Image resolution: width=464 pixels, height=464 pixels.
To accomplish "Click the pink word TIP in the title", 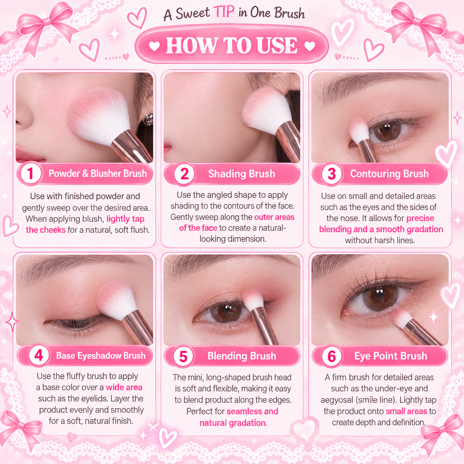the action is (224, 12).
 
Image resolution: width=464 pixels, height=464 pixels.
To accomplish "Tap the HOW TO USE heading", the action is (232, 45).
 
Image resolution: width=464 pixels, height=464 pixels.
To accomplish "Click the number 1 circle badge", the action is (30, 173).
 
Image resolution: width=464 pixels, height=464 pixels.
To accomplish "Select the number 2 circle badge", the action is (184, 174).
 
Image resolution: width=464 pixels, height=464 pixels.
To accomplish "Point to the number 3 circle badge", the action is (331, 174).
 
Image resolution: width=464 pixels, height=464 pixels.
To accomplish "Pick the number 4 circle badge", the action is (39, 355).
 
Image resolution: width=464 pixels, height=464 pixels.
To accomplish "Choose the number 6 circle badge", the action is (331, 356).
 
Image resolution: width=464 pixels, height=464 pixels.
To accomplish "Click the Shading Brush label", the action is (242, 174).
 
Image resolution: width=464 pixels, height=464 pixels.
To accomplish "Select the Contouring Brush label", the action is (389, 174).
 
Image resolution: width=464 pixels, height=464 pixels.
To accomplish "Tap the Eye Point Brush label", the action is (391, 356).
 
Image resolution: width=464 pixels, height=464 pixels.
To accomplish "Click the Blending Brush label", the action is (242, 356).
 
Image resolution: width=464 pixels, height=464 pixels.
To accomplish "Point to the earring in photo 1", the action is (148, 119).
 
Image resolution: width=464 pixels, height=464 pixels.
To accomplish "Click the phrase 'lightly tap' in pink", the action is (125, 219).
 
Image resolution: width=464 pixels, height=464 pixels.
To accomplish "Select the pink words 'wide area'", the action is (124, 387).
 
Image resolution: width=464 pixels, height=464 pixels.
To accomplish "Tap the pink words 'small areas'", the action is (406, 411).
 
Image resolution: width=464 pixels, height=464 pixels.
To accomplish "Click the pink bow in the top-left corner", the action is (40, 27).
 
